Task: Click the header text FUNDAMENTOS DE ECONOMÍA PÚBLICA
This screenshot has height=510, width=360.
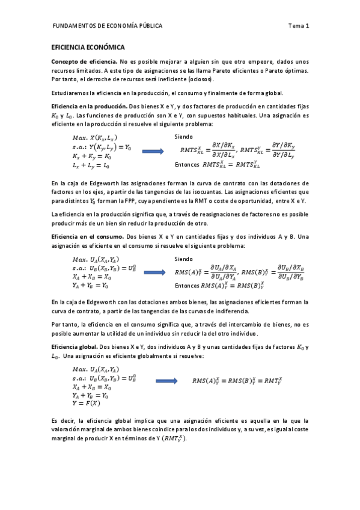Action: [x=108, y=26]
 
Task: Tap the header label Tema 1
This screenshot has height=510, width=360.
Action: [x=298, y=26]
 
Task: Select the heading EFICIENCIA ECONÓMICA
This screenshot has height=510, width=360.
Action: [x=88, y=47]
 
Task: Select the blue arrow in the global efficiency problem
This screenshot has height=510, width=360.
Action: [x=166, y=381]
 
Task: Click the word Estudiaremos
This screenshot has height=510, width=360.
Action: [x=70, y=93]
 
